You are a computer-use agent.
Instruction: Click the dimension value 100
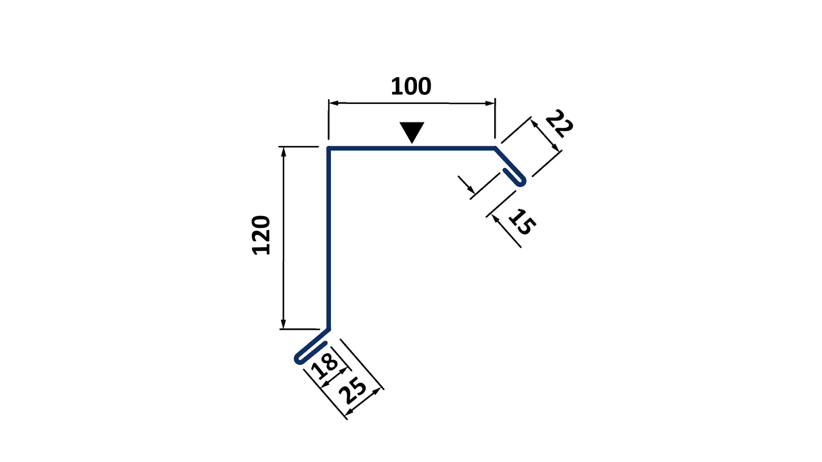tap(411, 86)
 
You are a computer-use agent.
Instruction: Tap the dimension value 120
tap(261, 235)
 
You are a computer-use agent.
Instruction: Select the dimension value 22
tap(559, 123)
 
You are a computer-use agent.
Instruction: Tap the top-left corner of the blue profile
tap(328, 148)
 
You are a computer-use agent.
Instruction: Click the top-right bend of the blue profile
tap(495, 148)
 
